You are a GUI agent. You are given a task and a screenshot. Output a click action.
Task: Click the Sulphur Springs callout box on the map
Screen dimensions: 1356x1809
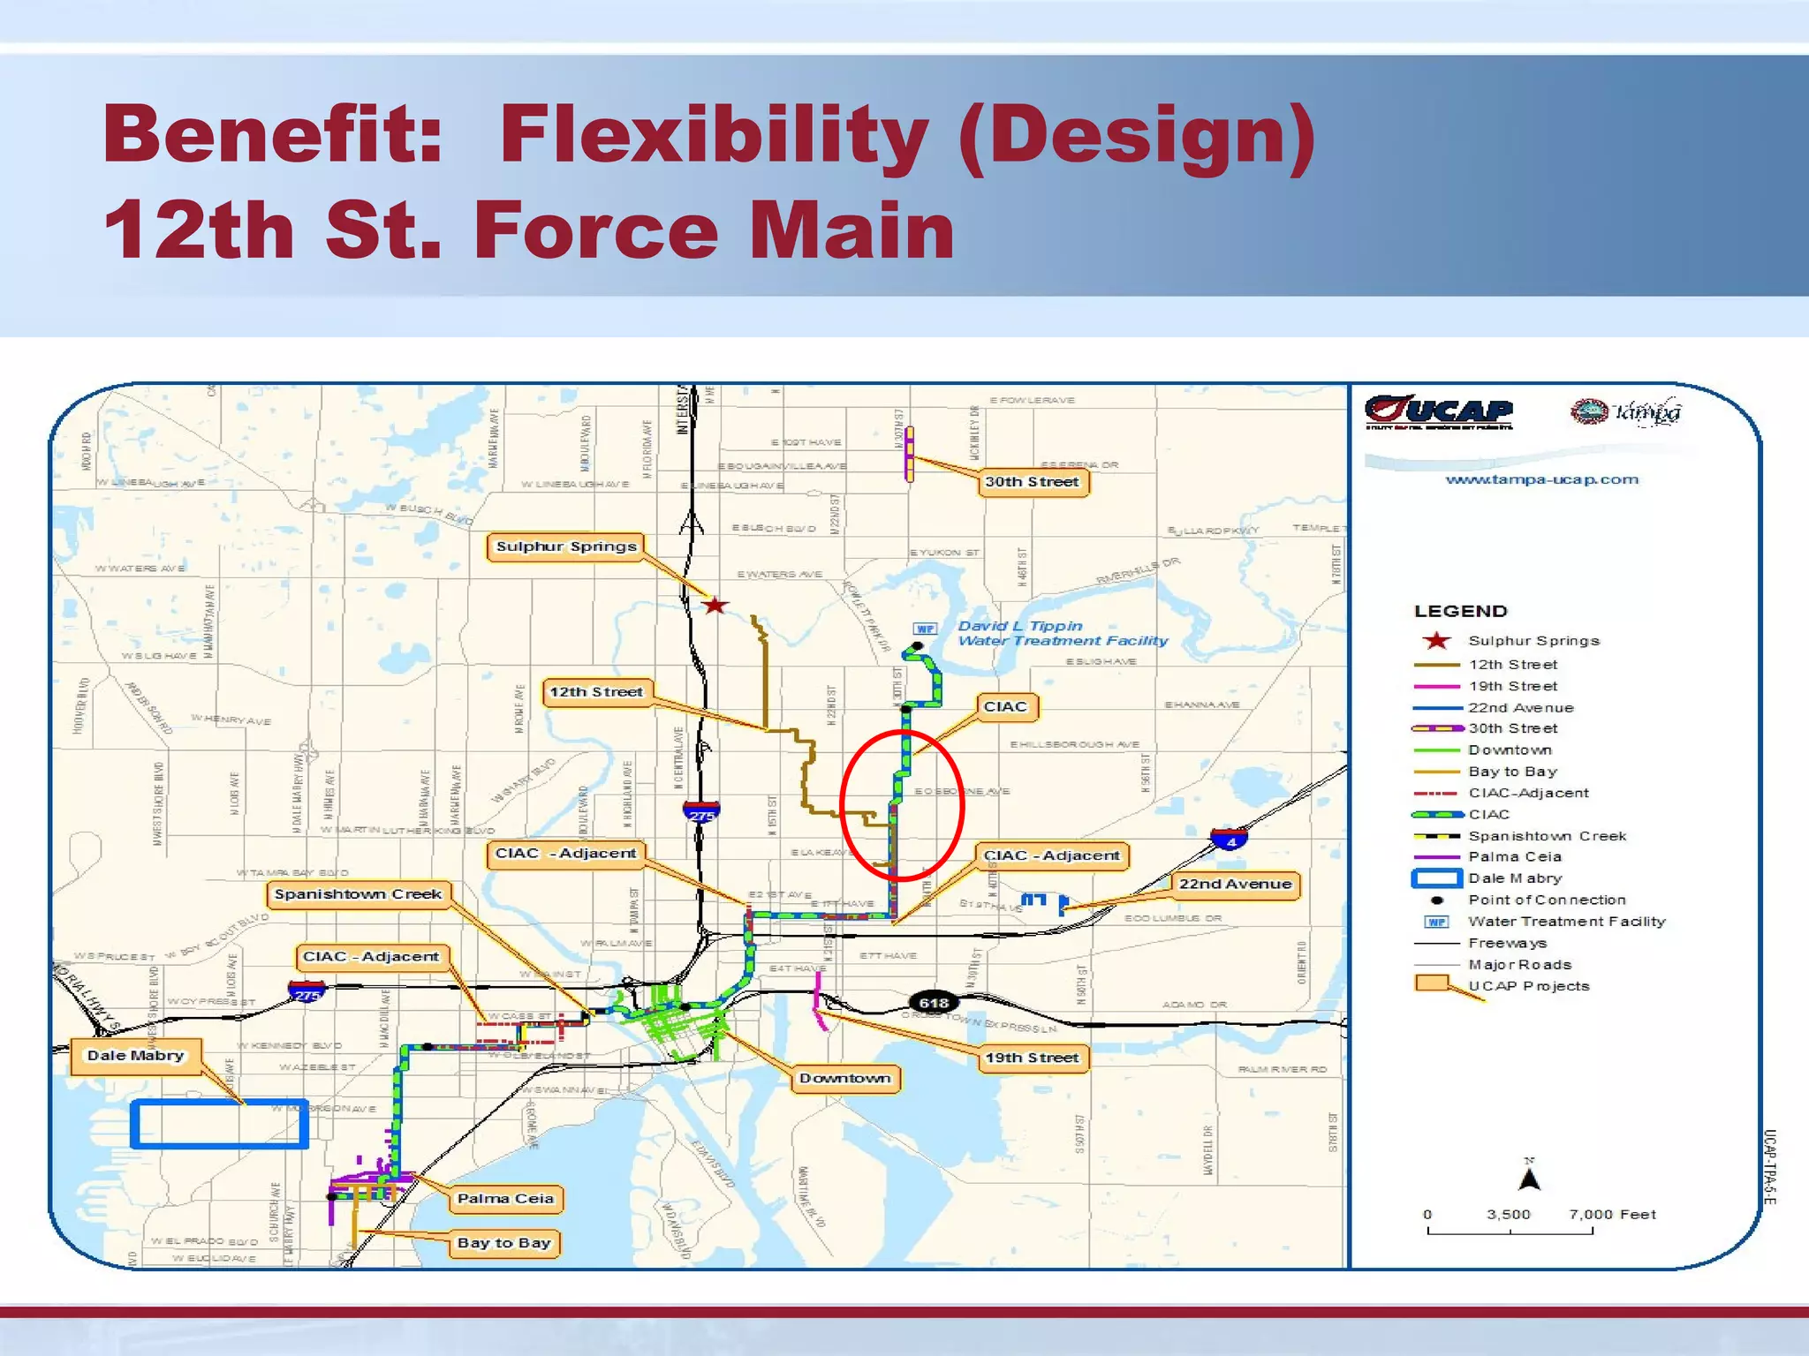pos(565,546)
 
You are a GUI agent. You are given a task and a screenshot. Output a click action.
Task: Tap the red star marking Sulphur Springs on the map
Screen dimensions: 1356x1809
pos(715,606)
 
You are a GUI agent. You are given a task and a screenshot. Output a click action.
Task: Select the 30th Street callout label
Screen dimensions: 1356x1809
pos(1032,482)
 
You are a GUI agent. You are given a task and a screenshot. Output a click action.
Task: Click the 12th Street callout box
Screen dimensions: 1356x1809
pos(596,692)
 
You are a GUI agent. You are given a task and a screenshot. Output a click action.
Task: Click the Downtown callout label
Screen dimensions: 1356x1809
pos(844,1079)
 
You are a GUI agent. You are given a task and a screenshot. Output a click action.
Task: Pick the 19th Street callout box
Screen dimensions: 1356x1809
pos(1032,1058)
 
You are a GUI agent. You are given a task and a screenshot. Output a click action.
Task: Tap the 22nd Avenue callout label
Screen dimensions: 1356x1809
pos(1235,885)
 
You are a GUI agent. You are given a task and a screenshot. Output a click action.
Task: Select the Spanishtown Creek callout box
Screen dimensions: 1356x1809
pos(358,894)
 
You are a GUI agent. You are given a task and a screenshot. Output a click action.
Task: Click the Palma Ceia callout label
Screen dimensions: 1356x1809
pos(505,1199)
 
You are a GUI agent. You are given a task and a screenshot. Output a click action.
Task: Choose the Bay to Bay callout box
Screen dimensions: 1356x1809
pos(503,1243)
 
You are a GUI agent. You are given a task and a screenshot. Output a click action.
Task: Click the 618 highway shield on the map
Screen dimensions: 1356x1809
pos(934,1003)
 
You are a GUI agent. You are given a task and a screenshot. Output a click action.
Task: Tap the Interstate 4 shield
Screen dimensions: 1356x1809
pos(1230,840)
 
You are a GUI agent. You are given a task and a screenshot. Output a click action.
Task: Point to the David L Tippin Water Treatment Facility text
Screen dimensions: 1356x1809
pos(1062,633)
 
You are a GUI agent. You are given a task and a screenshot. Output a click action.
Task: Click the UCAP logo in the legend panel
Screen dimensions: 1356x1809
pos(1439,412)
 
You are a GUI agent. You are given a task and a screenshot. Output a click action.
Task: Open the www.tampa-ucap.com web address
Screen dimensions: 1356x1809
pos(1541,479)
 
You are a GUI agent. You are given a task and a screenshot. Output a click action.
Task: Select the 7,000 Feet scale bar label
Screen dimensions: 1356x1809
pos(1612,1215)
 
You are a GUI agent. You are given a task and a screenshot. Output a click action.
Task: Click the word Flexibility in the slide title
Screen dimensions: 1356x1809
pos(714,134)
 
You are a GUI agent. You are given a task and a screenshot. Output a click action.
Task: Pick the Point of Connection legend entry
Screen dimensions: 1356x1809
pos(1546,900)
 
